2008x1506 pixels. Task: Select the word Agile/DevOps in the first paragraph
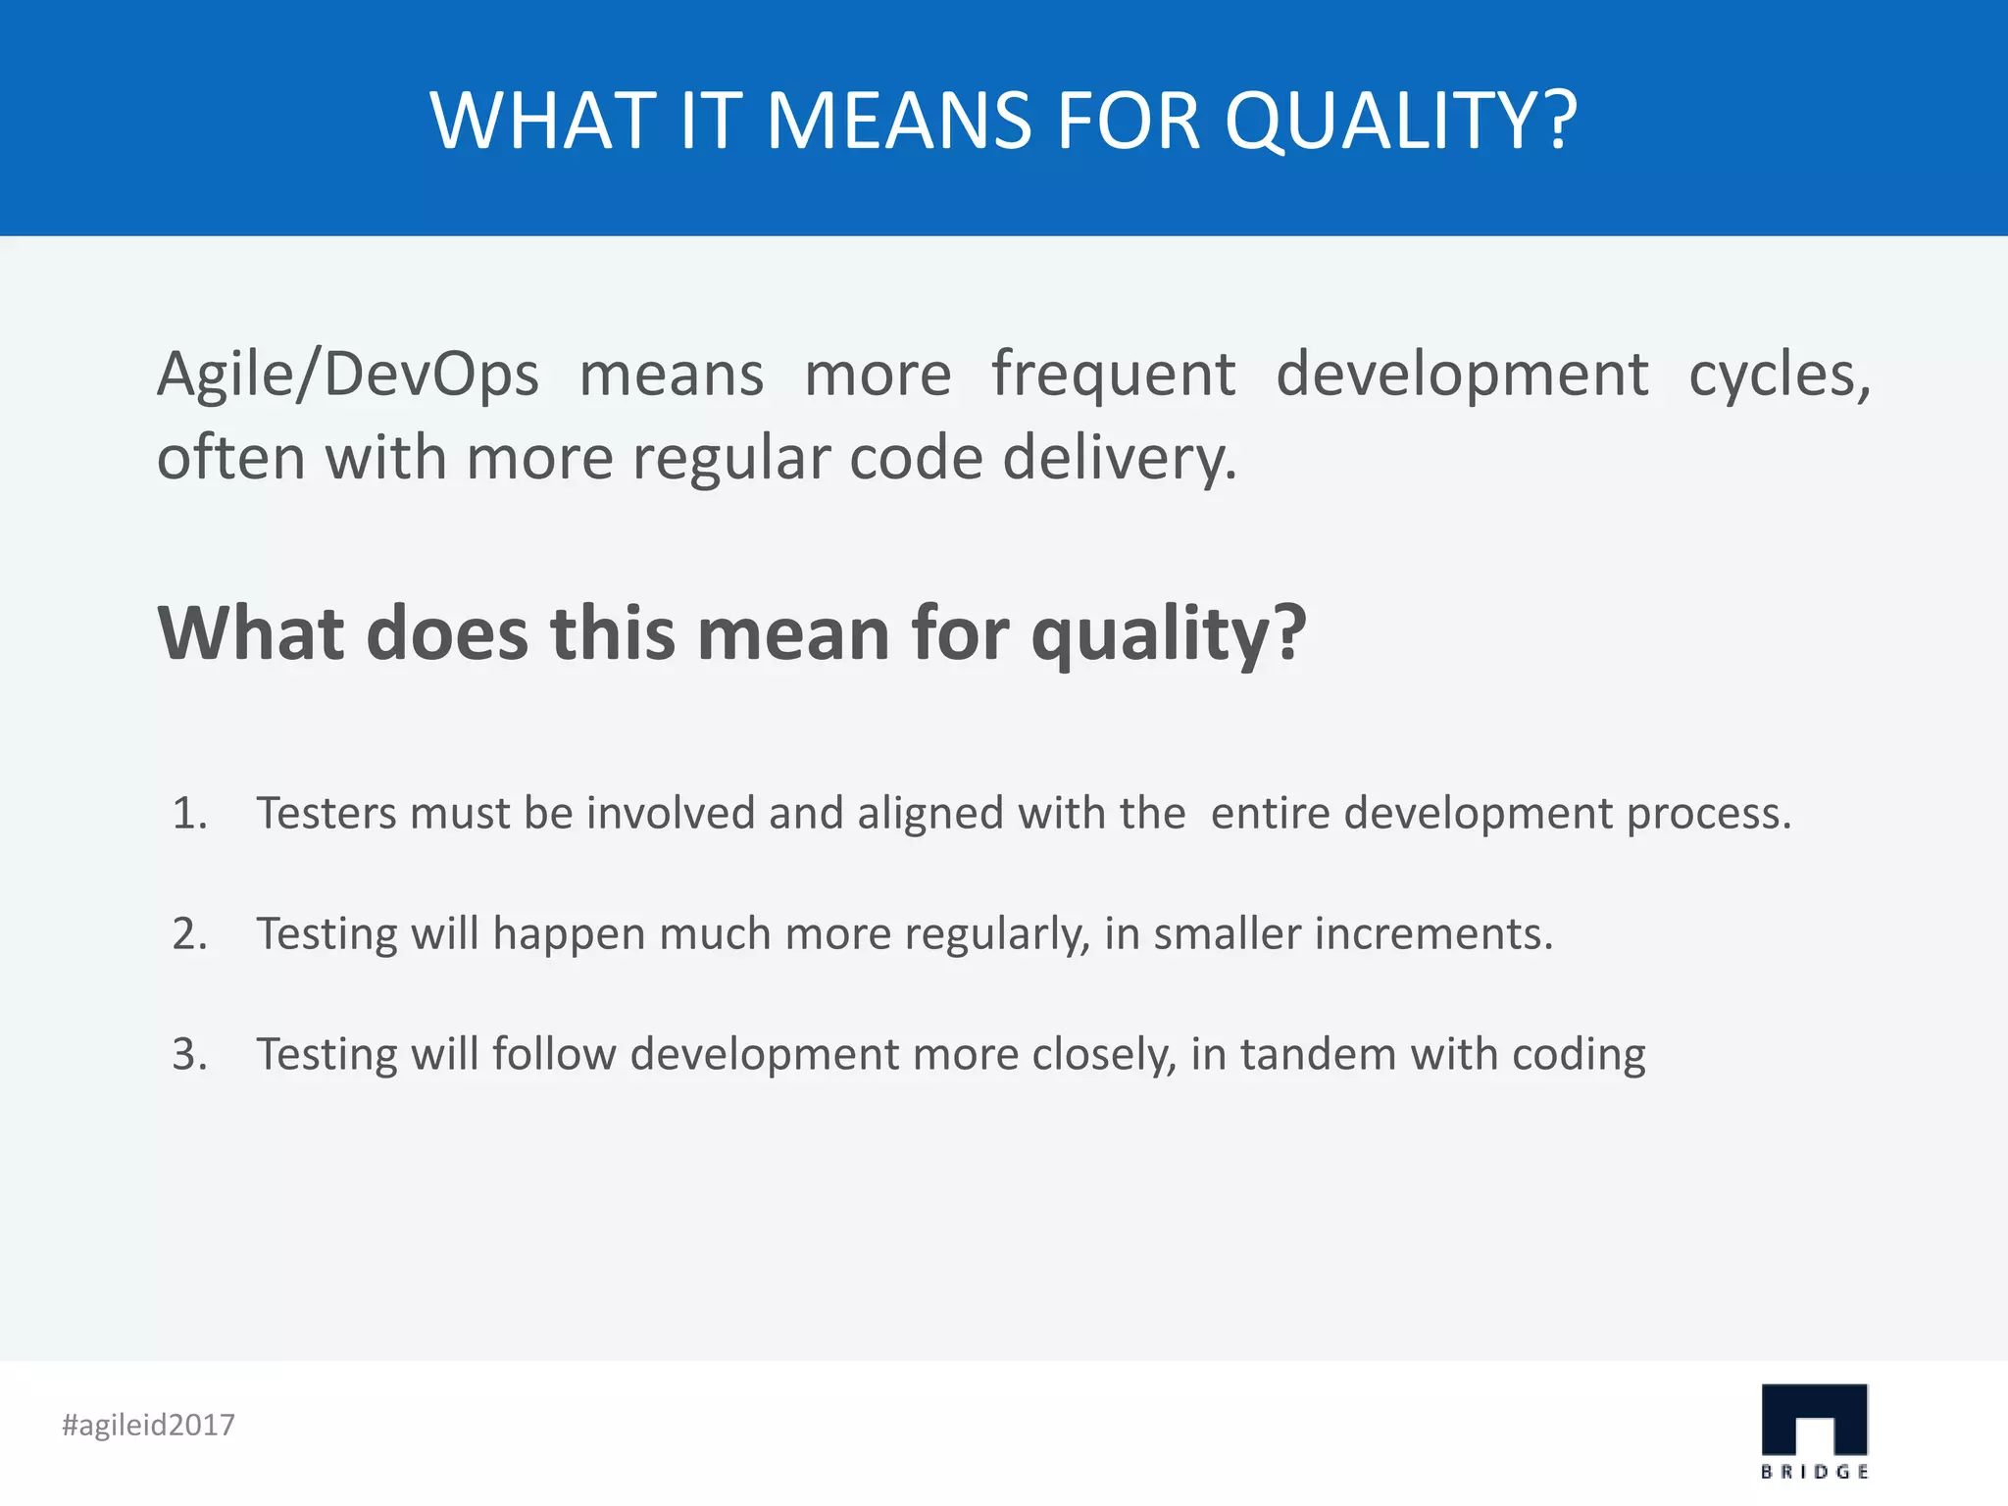[348, 376]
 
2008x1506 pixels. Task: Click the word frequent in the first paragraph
[1113, 376]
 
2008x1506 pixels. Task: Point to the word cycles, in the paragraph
[1779, 376]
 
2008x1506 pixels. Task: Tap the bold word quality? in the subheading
[1169, 634]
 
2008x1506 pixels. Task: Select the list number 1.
[189, 813]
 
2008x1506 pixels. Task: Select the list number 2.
[189, 933]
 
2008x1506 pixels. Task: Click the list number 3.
[189, 1054]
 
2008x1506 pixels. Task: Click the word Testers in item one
[326, 813]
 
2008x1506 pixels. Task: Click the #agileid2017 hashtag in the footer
[148, 1425]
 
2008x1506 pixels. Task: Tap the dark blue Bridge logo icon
[1814, 1419]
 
